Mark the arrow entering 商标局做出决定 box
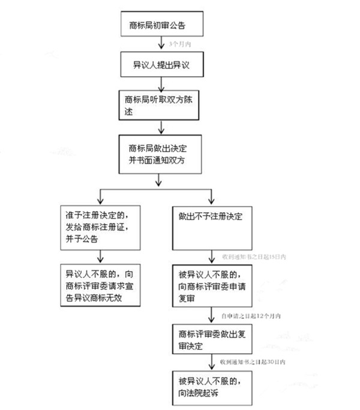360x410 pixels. [160, 127]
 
